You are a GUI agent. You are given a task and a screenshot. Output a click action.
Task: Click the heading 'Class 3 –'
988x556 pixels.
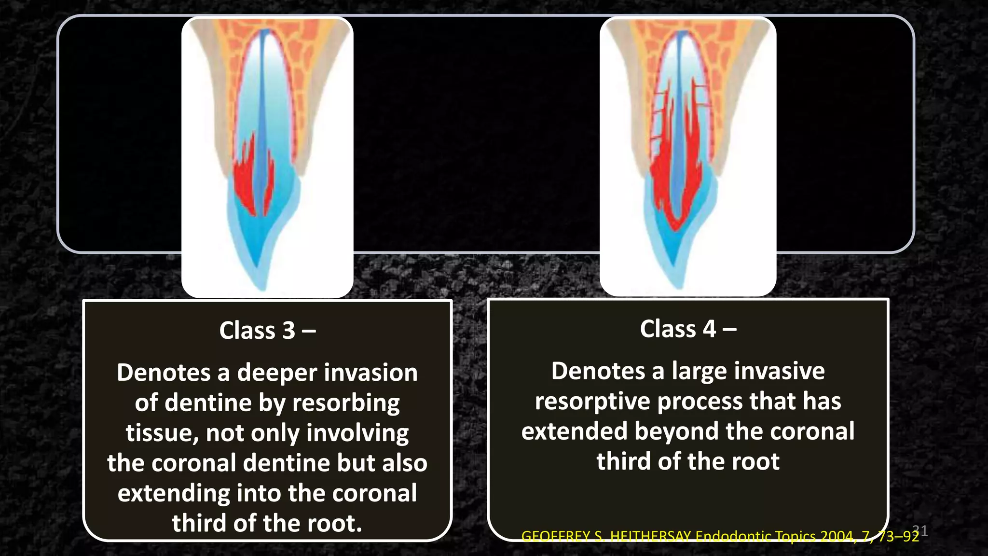[267, 331]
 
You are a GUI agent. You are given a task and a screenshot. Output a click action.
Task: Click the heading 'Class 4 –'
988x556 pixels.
[688, 329]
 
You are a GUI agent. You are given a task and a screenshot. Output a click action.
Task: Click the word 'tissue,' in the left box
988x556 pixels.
[162, 433]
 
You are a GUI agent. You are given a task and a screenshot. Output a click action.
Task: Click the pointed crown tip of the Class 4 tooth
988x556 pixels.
[680, 286]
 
